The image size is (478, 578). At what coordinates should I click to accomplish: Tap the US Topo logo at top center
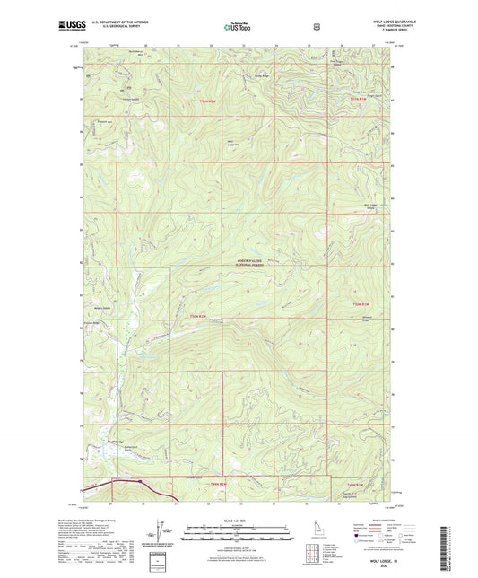(238, 27)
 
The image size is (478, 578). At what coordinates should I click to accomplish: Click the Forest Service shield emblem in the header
(316, 26)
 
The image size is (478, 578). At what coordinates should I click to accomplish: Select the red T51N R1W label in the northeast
(357, 99)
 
